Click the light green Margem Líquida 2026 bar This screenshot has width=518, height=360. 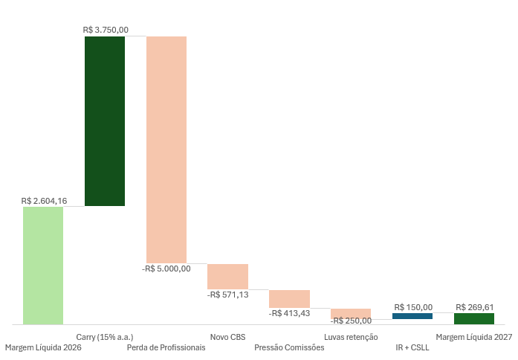(x=43, y=266)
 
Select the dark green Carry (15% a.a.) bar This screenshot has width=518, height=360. (x=105, y=121)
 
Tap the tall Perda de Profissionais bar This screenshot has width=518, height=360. (x=166, y=150)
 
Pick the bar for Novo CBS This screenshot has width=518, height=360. (x=227, y=277)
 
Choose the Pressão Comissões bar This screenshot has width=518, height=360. (x=289, y=298)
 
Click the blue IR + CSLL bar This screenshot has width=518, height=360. (x=412, y=316)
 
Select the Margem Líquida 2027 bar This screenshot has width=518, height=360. (x=474, y=318)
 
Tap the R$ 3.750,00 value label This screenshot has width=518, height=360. (x=106, y=30)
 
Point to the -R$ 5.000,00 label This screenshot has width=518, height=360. (x=166, y=269)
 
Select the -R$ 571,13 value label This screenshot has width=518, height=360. (x=228, y=295)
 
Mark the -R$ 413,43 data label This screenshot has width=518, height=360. (x=290, y=313)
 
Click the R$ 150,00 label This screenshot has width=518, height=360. (x=413, y=307)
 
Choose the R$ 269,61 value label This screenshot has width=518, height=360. (x=475, y=307)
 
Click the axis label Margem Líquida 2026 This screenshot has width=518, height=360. (x=43, y=347)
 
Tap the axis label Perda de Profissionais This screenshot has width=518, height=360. (x=166, y=347)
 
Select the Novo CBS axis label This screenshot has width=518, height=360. (x=227, y=337)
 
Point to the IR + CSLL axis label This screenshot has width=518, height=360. (x=412, y=347)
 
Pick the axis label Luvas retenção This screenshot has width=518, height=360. (x=351, y=337)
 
